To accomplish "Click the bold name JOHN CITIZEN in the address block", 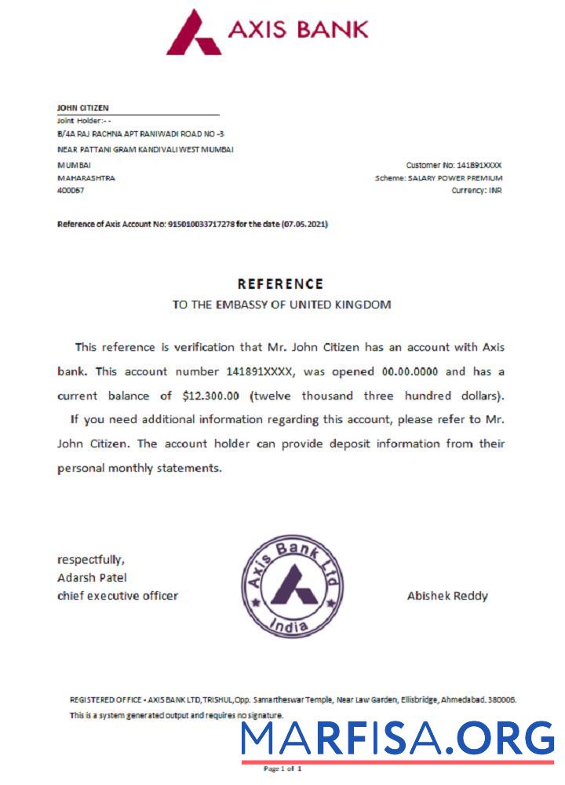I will (x=83, y=108).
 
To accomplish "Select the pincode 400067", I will (x=71, y=191).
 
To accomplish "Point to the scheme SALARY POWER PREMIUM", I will (x=461, y=178).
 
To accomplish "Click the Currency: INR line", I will (x=476, y=191).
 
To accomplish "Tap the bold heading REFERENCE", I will (x=280, y=284).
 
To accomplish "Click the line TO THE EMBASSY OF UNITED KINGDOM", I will (x=281, y=305).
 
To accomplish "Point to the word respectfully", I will (x=90, y=560).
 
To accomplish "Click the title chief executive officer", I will (x=118, y=596).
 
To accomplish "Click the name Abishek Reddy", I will (x=447, y=596).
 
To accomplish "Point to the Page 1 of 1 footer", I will (x=282, y=769).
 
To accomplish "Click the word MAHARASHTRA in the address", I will (x=86, y=178).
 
